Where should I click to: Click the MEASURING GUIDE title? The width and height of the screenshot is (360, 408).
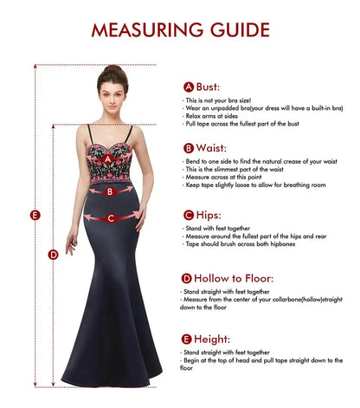180,29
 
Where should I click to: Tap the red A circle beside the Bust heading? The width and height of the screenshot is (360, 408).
188,87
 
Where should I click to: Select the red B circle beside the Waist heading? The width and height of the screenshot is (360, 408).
188,148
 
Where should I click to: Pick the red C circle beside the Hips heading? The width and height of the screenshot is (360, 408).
188,214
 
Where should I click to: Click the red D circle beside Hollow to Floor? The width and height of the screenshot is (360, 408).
187,278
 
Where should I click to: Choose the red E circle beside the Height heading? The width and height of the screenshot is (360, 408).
187,339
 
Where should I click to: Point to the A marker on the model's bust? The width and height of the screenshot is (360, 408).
107,159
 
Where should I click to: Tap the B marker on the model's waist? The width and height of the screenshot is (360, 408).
109,191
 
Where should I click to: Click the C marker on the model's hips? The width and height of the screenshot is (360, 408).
110,218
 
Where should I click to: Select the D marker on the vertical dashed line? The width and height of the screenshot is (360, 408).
54,254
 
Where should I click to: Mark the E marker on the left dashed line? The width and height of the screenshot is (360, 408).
35,215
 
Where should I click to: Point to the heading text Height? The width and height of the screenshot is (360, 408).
214,339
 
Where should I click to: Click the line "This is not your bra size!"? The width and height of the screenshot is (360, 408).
217,100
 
